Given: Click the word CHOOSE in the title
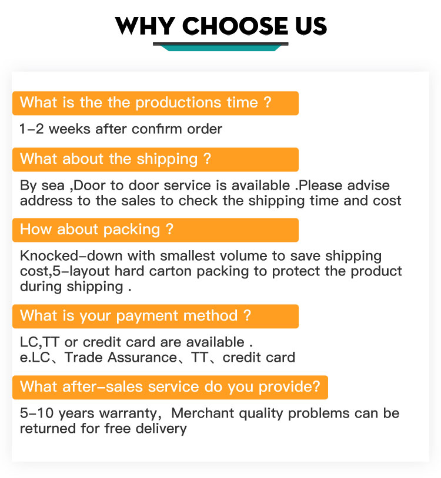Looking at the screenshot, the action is pos(235,26).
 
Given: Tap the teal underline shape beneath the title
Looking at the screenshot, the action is pos(220,46).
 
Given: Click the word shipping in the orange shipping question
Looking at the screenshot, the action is pos(167,159).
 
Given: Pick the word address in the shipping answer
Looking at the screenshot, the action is pos(46,201).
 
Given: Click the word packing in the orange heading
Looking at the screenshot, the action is pos(132,230).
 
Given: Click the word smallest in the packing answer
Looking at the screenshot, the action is pos(188,256).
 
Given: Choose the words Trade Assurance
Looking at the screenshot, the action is pos(121,357).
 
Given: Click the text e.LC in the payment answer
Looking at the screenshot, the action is pos(35,357).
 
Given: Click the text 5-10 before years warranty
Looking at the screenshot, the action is pos(37,413).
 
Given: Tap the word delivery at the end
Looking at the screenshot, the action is pos(161,429).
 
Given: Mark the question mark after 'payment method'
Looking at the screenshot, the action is pos(247,315).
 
